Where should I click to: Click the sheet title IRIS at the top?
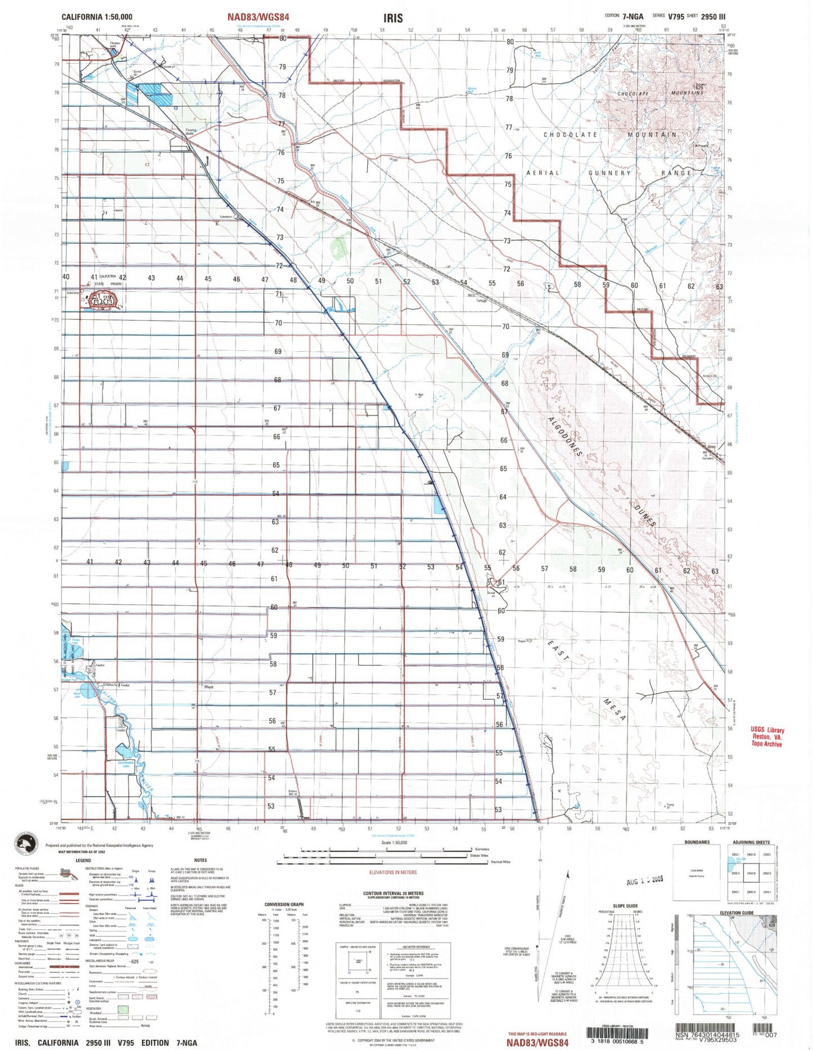click(393, 17)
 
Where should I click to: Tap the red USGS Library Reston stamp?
click(766, 737)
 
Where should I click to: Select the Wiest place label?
click(209, 686)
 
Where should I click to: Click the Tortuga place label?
click(481, 300)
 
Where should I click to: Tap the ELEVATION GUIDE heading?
click(737, 913)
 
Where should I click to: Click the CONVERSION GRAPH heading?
click(284, 904)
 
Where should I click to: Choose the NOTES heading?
click(200, 860)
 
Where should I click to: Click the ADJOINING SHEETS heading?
click(751, 842)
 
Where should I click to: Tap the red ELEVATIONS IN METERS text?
click(393, 872)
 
